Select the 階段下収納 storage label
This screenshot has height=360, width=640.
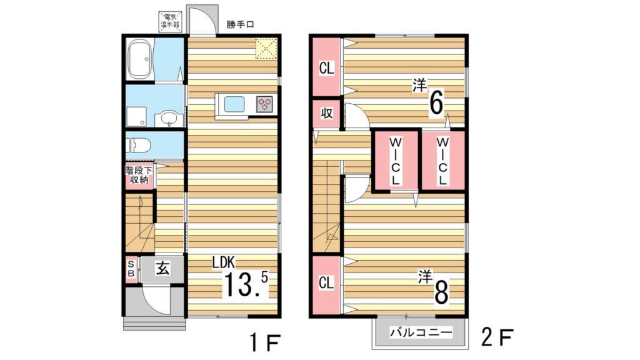(139, 175)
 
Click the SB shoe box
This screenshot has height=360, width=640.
(131, 269)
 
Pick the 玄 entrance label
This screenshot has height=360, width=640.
(162, 269)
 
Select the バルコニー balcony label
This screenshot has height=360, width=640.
(421, 332)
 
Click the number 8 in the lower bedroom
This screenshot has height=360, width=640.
(441, 291)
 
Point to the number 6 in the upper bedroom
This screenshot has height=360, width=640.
(437, 102)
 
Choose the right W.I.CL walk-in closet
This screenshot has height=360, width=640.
(442, 160)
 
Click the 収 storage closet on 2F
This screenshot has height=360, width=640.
(326, 113)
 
